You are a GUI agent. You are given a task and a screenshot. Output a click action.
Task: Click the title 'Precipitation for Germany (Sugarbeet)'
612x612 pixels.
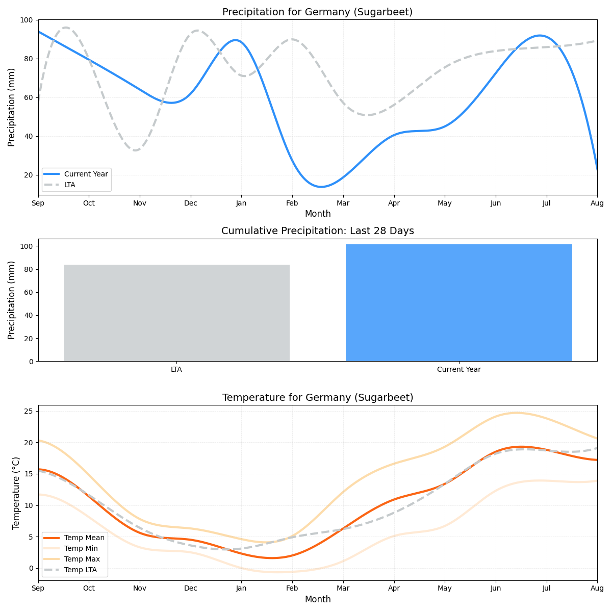pos(317,12)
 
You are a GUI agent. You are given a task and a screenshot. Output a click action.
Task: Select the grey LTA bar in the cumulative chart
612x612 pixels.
pos(176,313)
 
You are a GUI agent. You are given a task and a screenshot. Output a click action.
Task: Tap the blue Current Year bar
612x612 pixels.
pos(458,302)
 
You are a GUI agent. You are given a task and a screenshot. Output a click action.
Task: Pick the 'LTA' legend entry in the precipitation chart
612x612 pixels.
pos(69,185)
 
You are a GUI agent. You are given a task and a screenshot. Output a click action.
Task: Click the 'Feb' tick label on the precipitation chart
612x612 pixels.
pos(292,203)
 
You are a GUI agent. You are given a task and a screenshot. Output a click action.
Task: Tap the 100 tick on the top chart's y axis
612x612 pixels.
pos(26,20)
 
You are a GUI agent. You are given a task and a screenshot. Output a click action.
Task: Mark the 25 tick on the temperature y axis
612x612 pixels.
pos(28,411)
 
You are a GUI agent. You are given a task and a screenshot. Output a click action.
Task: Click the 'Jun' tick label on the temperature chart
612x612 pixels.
pos(495,589)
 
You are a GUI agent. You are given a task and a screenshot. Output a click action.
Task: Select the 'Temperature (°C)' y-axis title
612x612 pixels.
pos(16,493)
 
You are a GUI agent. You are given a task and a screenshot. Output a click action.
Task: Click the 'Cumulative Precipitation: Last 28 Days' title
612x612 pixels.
pos(317,231)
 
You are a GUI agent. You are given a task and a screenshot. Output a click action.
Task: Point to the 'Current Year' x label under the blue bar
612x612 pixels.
pos(458,369)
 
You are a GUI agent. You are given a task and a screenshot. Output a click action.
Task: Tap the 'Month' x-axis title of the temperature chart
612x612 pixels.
pos(317,599)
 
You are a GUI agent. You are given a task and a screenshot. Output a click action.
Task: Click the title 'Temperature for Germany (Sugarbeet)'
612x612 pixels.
pos(317,397)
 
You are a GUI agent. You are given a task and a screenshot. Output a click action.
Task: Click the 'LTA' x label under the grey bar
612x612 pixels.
pos(176,369)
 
